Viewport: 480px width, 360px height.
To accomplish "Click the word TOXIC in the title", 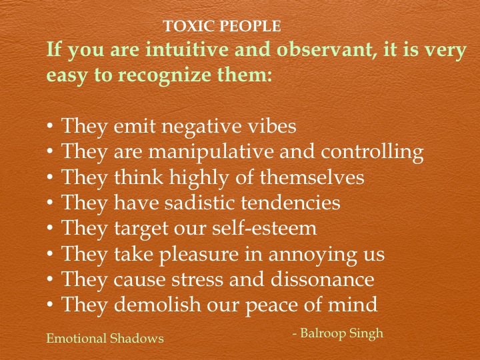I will click(x=185, y=27).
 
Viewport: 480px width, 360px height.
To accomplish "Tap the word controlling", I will click(x=372, y=152).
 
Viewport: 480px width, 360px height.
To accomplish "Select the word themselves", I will click(x=311, y=178).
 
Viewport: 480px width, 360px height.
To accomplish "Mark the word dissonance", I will click(x=322, y=279).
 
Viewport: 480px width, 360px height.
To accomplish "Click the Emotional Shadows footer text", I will click(x=105, y=338).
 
